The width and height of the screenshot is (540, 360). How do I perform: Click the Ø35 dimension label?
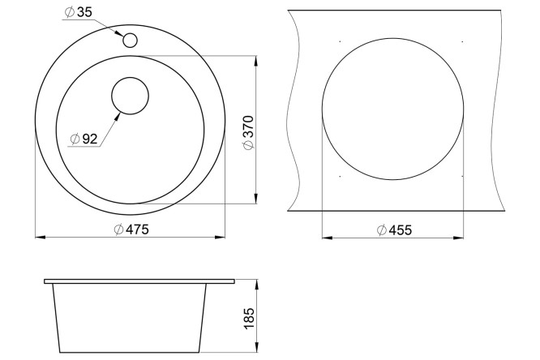(x=79, y=12)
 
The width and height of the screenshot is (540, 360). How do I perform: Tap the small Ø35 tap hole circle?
(x=130, y=41)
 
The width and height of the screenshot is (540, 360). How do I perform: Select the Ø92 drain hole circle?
(x=130, y=96)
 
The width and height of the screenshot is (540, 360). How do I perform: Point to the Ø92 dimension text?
(x=84, y=139)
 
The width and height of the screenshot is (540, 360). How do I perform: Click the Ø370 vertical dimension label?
(x=248, y=133)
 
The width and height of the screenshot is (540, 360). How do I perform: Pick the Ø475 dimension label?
(x=131, y=229)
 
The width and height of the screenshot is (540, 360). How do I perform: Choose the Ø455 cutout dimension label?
(x=394, y=229)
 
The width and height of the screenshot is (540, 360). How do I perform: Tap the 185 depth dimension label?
(x=249, y=319)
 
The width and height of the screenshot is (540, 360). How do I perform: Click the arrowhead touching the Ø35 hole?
(x=119, y=33)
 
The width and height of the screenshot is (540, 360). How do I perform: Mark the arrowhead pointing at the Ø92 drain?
(x=117, y=117)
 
